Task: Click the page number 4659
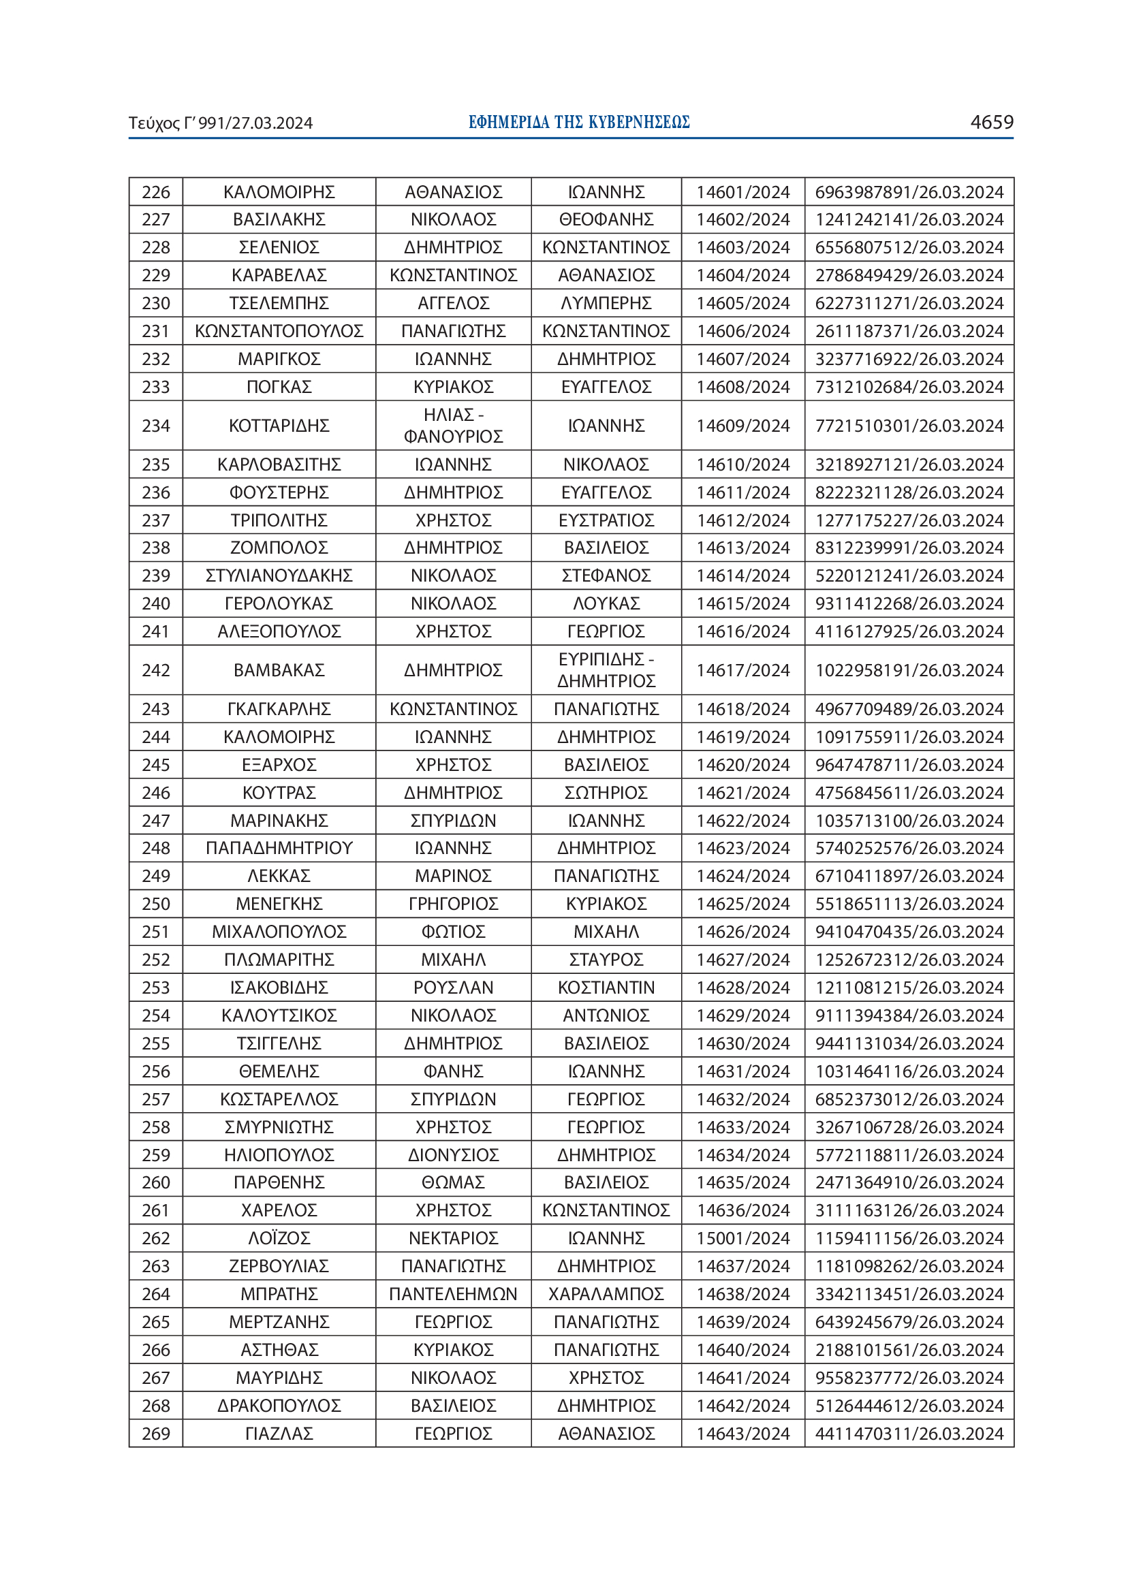click(x=991, y=122)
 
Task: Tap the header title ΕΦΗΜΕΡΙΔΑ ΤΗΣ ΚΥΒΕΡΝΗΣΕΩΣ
click(x=578, y=123)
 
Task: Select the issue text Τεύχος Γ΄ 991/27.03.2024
click(x=221, y=123)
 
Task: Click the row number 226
click(x=155, y=192)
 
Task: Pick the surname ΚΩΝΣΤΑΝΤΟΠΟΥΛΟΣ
click(x=279, y=331)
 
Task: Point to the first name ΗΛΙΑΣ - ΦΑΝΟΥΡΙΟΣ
click(x=453, y=425)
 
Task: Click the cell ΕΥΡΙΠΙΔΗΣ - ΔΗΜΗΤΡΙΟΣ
click(x=606, y=670)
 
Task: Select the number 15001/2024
click(x=743, y=1238)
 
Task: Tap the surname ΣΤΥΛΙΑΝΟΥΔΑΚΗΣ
click(x=279, y=576)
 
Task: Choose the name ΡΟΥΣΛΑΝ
click(x=453, y=988)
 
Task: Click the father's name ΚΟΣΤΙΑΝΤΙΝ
click(x=606, y=988)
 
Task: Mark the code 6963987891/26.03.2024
click(x=909, y=192)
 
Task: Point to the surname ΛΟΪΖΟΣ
click(x=279, y=1238)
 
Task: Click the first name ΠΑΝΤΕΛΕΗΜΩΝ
click(x=453, y=1294)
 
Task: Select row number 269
click(x=155, y=1434)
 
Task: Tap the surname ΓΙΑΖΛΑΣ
click(x=279, y=1434)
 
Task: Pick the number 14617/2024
click(x=743, y=670)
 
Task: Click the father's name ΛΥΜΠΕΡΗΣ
click(x=606, y=303)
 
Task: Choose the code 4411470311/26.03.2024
click(x=909, y=1434)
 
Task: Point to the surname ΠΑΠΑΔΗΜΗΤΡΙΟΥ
click(x=279, y=848)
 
